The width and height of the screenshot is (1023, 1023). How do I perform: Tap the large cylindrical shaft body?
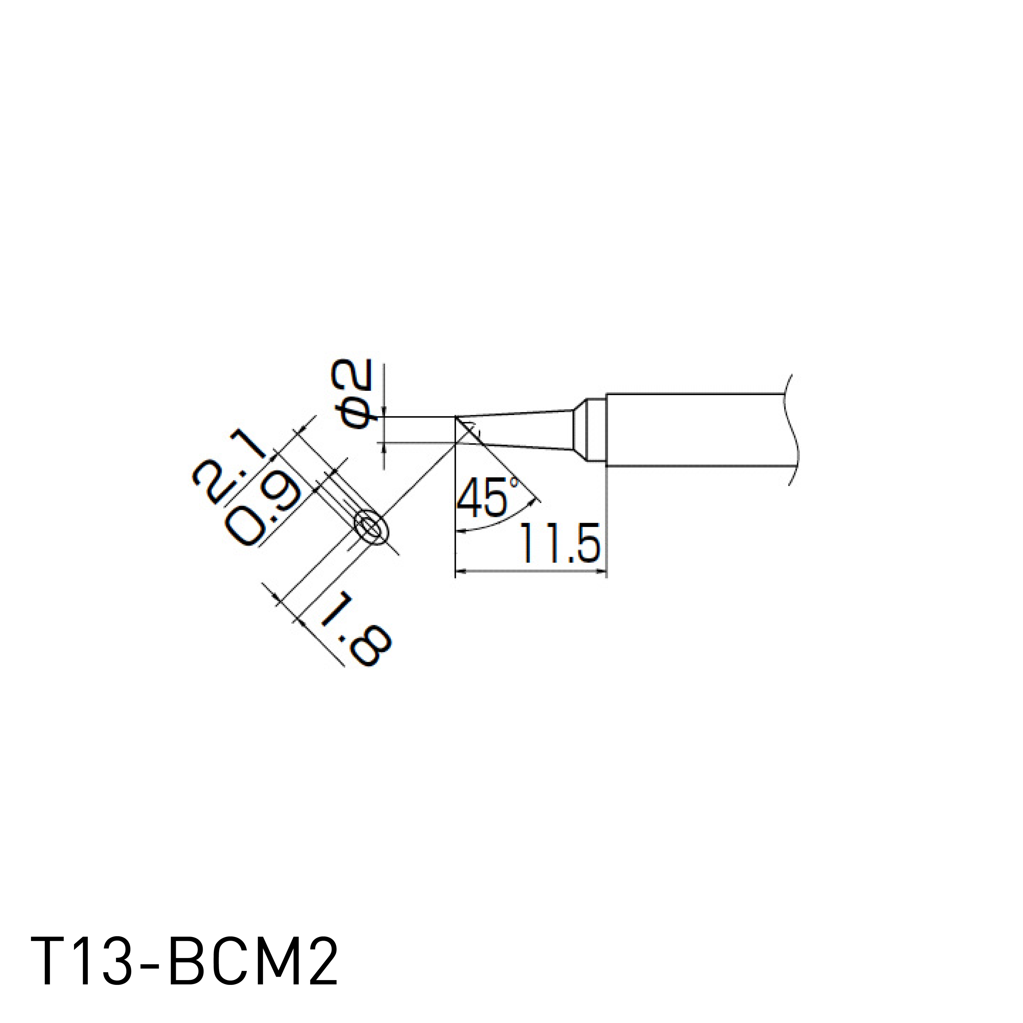tap(694, 430)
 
